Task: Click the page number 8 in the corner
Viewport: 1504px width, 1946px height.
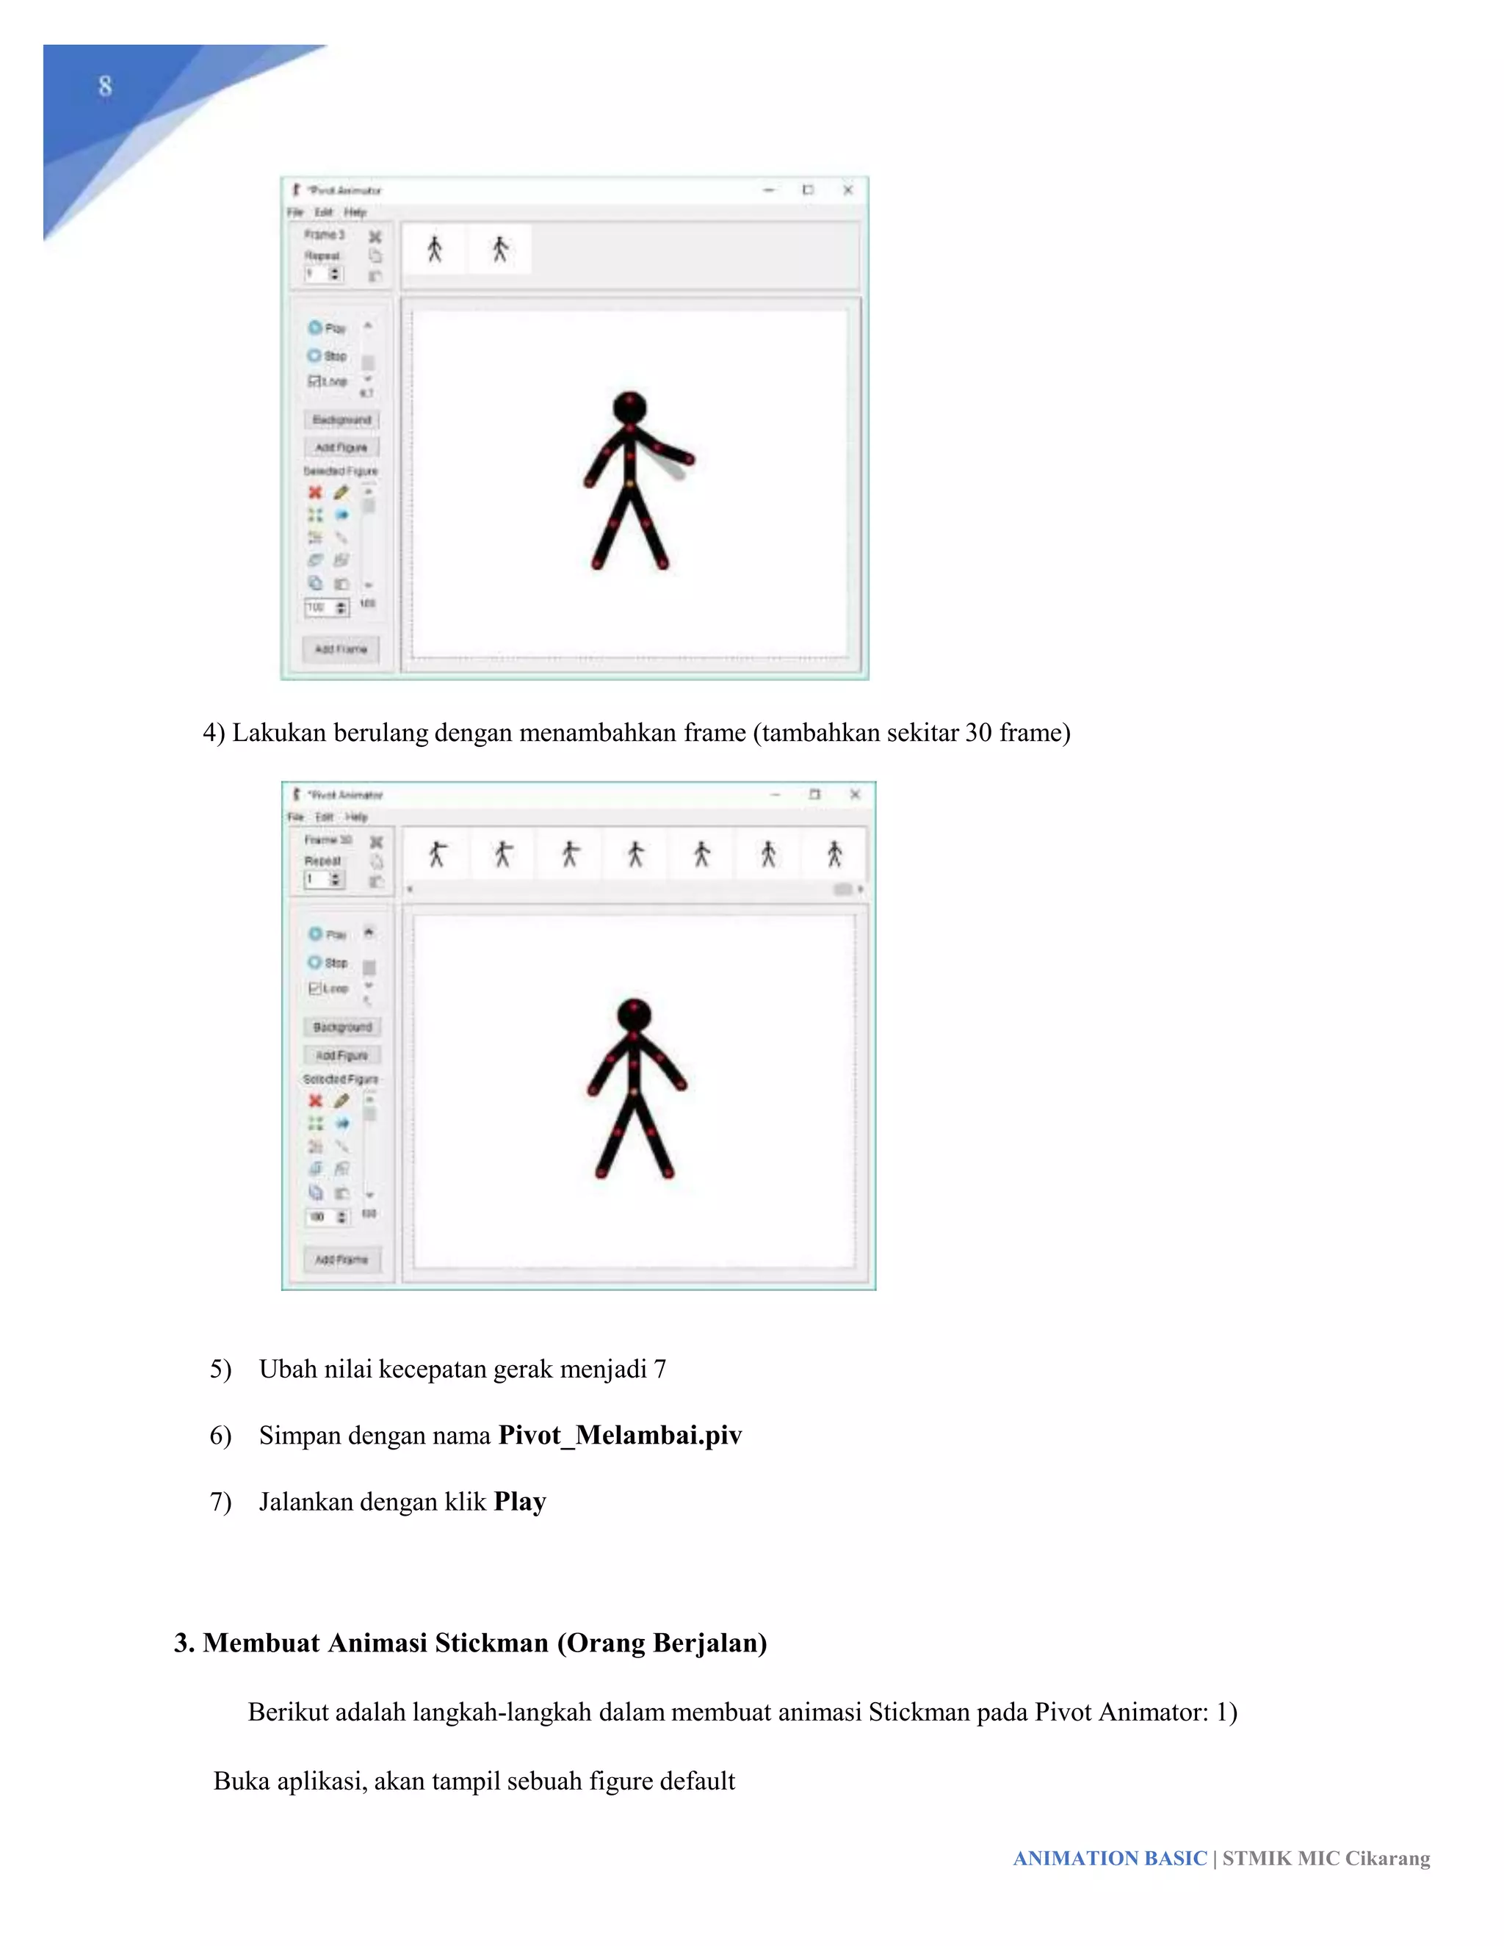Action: point(105,87)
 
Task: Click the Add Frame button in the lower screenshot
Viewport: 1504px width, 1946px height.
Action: point(341,1259)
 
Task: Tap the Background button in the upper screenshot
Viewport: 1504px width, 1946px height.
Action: point(341,419)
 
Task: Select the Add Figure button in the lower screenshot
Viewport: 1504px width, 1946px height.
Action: point(342,1055)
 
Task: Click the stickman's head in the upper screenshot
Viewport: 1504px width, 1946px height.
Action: point(630,408)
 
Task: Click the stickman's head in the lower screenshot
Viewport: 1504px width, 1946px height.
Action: point(634,1015)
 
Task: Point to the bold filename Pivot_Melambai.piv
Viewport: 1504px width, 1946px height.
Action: point(620,1436)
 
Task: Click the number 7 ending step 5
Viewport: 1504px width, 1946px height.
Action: point(659,1369)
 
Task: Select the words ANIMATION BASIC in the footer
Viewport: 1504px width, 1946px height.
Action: point(1110,1859)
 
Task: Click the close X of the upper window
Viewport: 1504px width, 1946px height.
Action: point(848,189)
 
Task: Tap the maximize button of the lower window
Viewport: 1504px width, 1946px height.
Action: point(814,794)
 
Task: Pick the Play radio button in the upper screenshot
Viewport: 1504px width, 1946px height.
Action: point(314,328)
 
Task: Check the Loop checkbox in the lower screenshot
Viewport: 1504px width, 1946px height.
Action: point(314,988)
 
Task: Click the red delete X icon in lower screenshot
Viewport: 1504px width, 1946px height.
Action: point(314,1101)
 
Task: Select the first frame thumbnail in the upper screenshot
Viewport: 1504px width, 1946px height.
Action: point(435,250)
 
